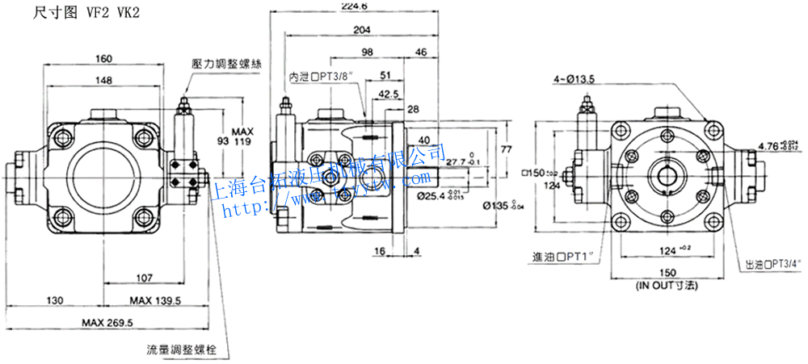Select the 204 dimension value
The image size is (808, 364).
click(x=361, y=30)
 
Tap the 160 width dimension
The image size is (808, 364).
click(x=103, y=58)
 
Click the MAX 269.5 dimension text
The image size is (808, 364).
click(x=107, y=323)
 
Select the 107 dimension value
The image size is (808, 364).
click(x=144, y=278)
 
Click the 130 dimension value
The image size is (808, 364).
click(x=54, y=300)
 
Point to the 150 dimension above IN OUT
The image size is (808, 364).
click(x=668, y=274)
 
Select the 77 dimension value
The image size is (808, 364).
click(x=507, y=149)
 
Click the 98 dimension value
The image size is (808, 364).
click(x=368, y=52)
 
